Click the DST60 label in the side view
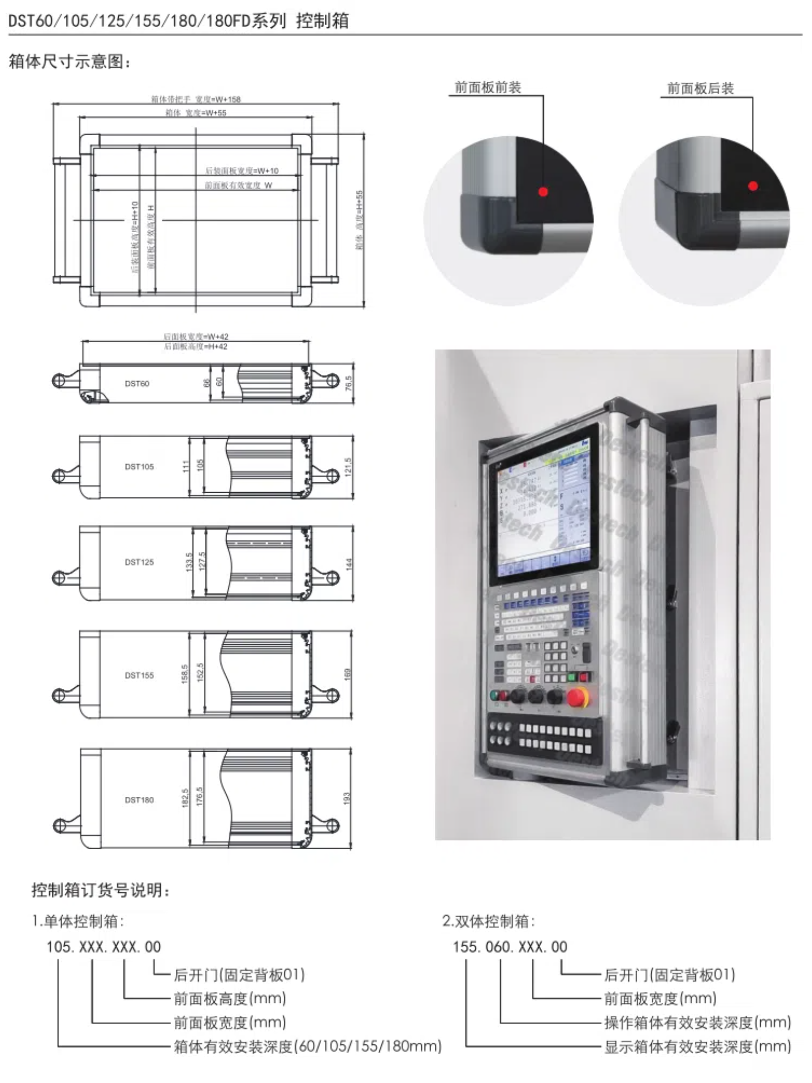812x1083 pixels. pos(137,383)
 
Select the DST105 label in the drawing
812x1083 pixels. pos(139,466)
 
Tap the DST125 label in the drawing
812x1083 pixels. pos(139,562)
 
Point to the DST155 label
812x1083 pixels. pos(139,675)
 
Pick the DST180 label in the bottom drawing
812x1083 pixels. pos(139,800)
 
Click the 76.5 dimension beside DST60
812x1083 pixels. pos(349,383)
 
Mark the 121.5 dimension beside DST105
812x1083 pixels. pos(348,467)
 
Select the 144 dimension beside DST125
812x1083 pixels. pos(349,564)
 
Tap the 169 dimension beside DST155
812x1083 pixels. pos(347,674)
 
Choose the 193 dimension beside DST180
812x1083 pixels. pos(347,798)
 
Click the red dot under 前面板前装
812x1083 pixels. pos(543,192)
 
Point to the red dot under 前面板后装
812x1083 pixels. pos(753,186)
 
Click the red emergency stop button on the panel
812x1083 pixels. pos(578,697)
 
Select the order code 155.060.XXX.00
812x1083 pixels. pos(510,947)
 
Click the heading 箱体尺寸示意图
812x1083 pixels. pos(70,62)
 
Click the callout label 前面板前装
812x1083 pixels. pos(488,87)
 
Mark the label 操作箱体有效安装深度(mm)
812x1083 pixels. pos(697,1022)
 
